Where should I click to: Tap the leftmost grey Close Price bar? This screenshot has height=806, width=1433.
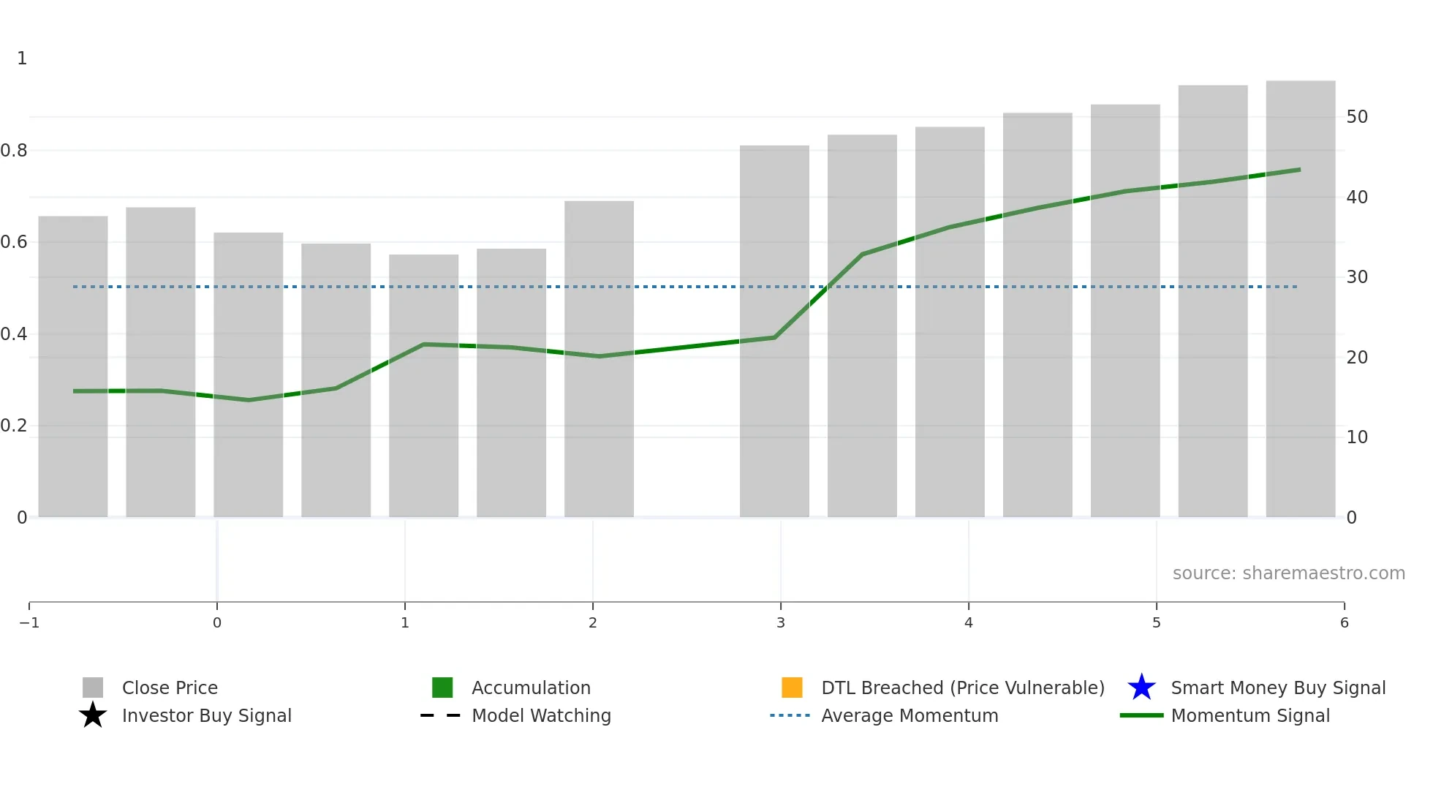[x=73, y=366]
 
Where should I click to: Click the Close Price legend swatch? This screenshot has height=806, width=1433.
[x=93, y=688]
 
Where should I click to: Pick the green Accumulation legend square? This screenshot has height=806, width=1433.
[x=442, y=688]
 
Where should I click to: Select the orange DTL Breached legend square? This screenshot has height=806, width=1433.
[x=792, y=688]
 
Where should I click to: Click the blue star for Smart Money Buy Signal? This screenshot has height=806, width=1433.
[x=1141, y=688]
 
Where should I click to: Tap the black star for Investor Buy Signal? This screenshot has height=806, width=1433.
[x=93, y=715]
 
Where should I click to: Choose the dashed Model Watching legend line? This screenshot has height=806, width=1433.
[x=440, y=715]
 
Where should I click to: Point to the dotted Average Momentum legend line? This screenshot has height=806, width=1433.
[x=790, y=715]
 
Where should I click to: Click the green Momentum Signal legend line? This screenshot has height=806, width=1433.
[x=1141, y=715]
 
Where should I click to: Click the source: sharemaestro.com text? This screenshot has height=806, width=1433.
[x=1288, y=573]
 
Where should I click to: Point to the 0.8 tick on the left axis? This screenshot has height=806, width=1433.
[x=14, y=151]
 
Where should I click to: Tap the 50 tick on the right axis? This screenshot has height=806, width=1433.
[x=1357, y=117]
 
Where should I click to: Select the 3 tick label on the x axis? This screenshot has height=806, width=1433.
[x=781, y=622]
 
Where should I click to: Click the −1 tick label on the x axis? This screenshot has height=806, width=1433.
[x=29, y=622]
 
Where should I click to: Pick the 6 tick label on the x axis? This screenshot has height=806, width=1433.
[x=1344, y=622]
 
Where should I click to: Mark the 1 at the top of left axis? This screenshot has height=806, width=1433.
[x=22, y=59]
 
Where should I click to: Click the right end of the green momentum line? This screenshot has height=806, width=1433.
[x=1299, y=170]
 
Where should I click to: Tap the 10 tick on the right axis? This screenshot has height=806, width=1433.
[x=1357, y=437]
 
